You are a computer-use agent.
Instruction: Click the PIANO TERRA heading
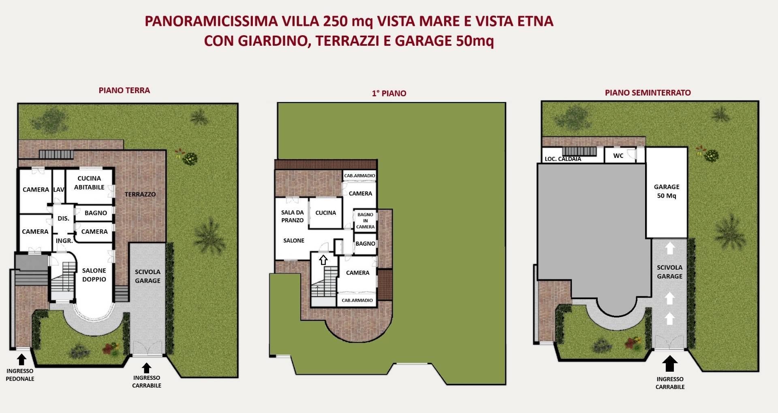(124, 90)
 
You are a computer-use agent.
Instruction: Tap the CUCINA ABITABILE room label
(89, 183)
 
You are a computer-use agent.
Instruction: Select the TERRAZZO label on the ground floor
(140, 194)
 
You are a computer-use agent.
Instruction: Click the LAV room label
(59, 189)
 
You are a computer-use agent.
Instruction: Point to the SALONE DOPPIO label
(94, 275)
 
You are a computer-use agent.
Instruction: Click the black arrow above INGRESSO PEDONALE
(21, 360)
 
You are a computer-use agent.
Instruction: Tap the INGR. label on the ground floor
(64, 241)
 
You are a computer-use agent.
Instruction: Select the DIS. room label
(63, 219)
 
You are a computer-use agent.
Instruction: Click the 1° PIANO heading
(389, 94)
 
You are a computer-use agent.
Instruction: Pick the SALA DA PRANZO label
(292, 216)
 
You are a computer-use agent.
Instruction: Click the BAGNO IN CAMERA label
(365, 221)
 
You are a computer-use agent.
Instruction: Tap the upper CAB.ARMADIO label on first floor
(359, 176)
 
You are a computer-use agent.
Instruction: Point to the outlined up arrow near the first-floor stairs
(323, 260)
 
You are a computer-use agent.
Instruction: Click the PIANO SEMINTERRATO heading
(648, 93)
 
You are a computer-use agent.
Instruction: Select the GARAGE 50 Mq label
(666, 191)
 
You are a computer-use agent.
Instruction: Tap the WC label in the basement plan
(618, 156)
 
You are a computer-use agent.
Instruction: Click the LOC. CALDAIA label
(562, 159)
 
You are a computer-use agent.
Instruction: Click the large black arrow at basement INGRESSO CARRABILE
(669, 364)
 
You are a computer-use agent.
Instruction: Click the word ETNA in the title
(535, 21)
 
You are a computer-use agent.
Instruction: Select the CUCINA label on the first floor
(325, 213)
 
